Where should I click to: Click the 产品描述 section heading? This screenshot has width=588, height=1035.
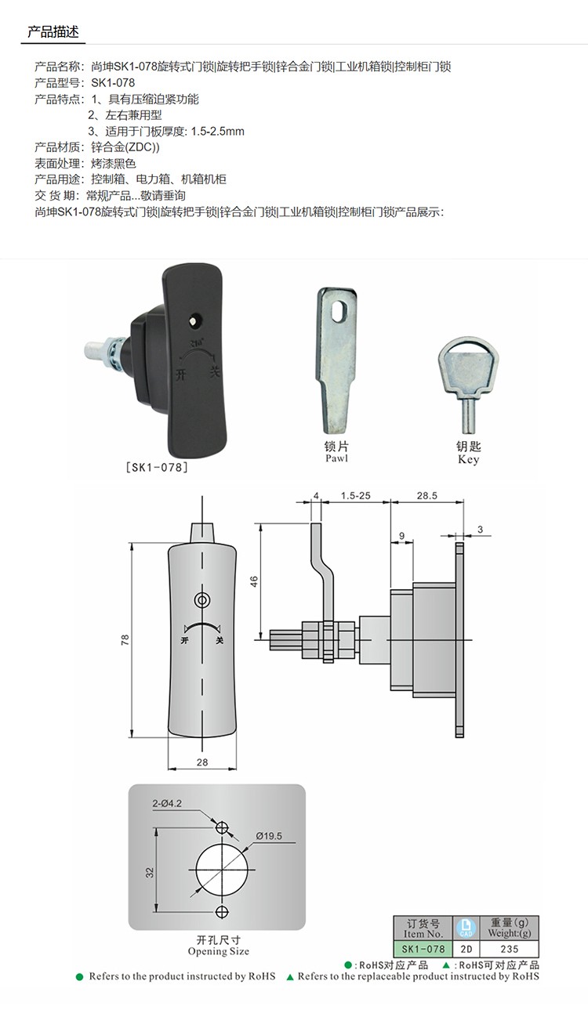53,31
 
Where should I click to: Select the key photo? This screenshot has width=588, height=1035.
468,385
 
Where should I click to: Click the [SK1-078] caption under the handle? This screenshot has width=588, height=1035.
157,467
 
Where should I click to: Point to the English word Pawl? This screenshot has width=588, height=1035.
336,458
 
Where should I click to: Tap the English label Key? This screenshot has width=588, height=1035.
468,459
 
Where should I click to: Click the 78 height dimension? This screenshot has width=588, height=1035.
125,640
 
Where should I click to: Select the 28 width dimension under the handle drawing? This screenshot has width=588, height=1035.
202,762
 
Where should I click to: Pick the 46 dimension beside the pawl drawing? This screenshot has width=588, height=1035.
254,581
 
